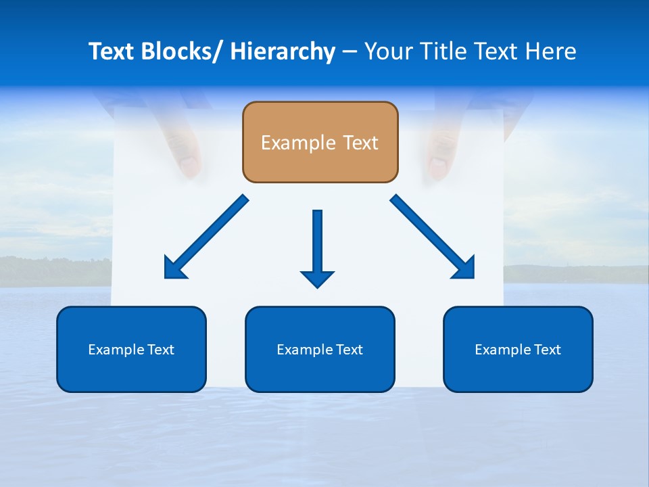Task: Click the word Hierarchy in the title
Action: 283,51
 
